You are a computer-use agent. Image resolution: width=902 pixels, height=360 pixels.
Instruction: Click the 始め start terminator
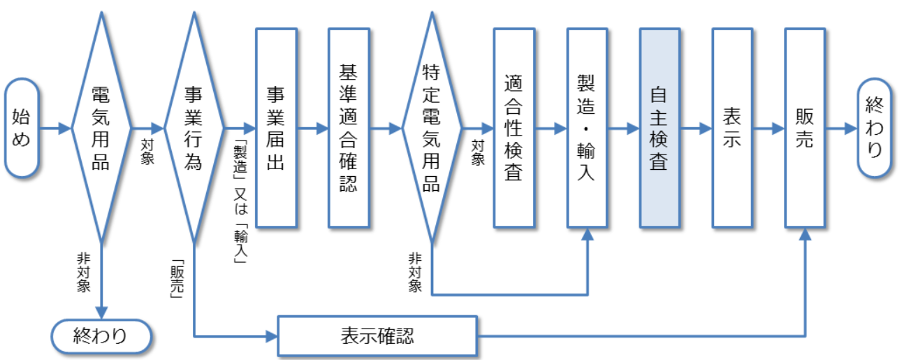(22, 128)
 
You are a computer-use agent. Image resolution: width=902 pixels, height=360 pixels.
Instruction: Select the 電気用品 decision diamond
(101, 128)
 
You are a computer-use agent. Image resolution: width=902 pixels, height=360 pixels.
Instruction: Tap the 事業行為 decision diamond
(194, 128)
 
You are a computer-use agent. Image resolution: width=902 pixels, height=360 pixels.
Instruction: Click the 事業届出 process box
(276, 128)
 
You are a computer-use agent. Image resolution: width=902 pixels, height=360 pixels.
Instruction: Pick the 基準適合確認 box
(349, 128)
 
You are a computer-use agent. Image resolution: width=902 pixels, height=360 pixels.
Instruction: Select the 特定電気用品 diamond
(432, 128)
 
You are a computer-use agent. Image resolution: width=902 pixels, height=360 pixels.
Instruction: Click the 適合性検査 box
(514, 128)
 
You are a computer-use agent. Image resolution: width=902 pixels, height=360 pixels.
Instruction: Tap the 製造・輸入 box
(587, 128)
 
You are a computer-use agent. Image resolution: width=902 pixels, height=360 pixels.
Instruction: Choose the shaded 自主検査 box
(660, 128)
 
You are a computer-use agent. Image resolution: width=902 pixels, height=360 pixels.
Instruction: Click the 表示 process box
(732, 128)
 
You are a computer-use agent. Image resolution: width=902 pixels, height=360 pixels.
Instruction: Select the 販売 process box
(805, 128)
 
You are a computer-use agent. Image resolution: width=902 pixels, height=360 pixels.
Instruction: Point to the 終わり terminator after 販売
(874, 128)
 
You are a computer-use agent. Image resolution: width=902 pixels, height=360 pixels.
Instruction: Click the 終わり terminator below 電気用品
(101, 336)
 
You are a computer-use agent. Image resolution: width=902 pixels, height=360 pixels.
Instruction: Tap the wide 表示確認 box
(377, 336)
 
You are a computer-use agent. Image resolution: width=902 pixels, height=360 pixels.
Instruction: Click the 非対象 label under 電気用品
(83, 273)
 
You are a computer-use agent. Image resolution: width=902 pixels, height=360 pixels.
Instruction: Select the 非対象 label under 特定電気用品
(415, 273)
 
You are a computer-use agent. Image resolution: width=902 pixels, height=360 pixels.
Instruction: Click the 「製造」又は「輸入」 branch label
(240, 202)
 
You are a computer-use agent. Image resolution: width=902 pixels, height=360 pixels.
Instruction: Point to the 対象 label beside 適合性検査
(478, 152)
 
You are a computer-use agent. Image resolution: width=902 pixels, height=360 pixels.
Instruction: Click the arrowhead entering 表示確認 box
(272, 336)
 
